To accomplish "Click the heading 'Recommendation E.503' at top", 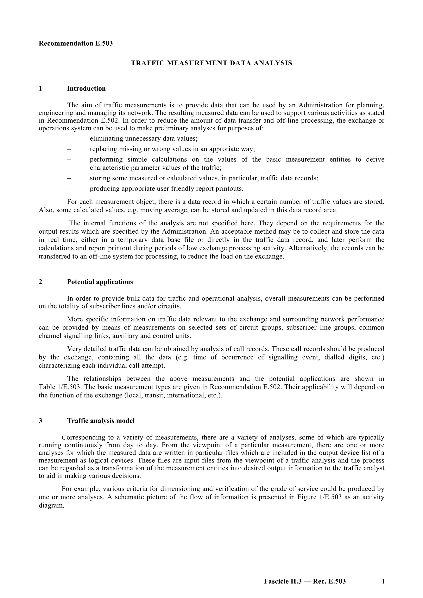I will pos(76,43).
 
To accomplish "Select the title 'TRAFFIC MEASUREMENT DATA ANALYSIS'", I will pos(211,63).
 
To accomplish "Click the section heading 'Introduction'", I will pos(86,89).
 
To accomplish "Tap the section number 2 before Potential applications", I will pos(40,282).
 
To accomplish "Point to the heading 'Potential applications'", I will pos(100,282).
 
